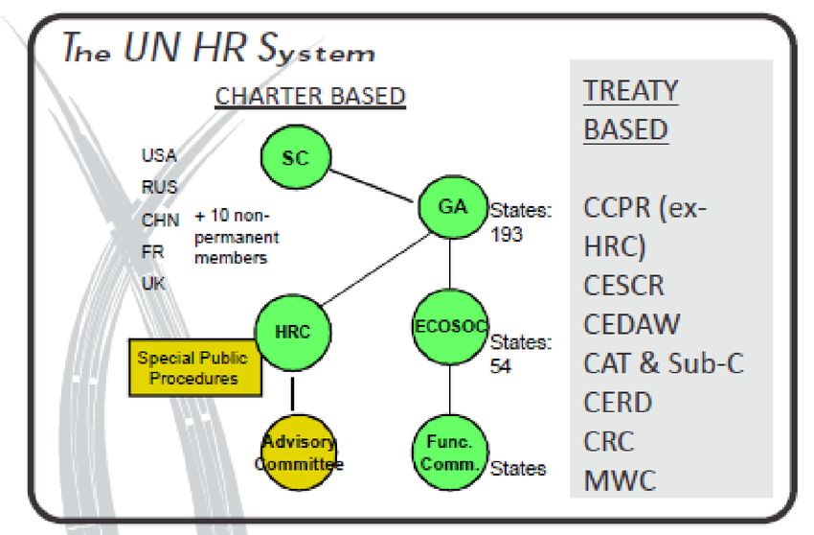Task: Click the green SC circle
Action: pos(295,156)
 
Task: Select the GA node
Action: pos(453,207)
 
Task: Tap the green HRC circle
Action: pos(293,333)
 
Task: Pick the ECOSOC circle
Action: pos(450,327)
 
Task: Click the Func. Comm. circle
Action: pos(450,453)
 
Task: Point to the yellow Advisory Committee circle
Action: pos(298,453)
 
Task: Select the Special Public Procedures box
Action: pos(195,368)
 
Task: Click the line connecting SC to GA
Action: pos(372,186)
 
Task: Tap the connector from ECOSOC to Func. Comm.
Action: pos(449,389)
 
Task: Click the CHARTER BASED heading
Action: pos(310,97)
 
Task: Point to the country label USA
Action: pos(159,155)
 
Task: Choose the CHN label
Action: pos(161,220)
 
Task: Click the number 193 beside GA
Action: pos(507,234)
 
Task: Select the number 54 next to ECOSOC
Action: pos(501,366)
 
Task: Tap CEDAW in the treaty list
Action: pos(631,324)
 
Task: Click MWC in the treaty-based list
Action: pos(620,480)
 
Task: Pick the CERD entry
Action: pos(618,403)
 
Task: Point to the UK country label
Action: pos(153,284)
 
